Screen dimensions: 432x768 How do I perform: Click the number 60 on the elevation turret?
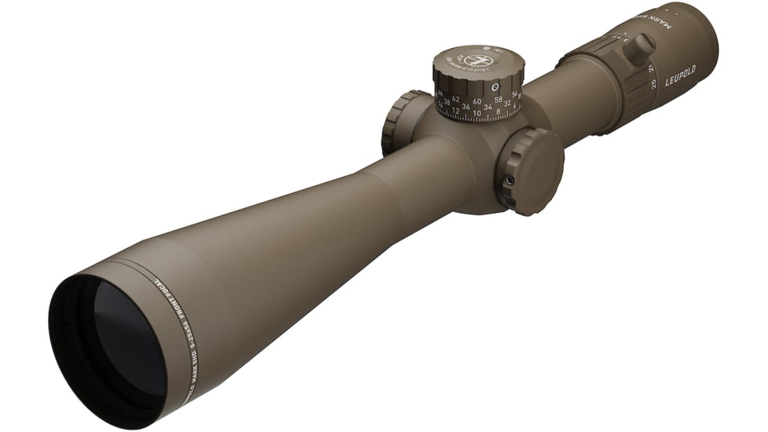pos(477,101)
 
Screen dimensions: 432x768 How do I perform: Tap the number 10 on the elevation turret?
pos(477,113)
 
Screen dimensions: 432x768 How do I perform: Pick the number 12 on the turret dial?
pos(456,111)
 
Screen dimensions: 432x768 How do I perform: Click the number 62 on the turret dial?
pos(456,99)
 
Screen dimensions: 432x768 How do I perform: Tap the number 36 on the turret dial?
pos(466,106)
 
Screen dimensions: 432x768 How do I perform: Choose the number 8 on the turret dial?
pos(498,112)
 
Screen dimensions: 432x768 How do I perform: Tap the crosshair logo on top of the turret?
pos(477,60)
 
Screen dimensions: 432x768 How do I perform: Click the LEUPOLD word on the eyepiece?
pos(681,80)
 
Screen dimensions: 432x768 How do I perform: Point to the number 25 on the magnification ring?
pos(653,84)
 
